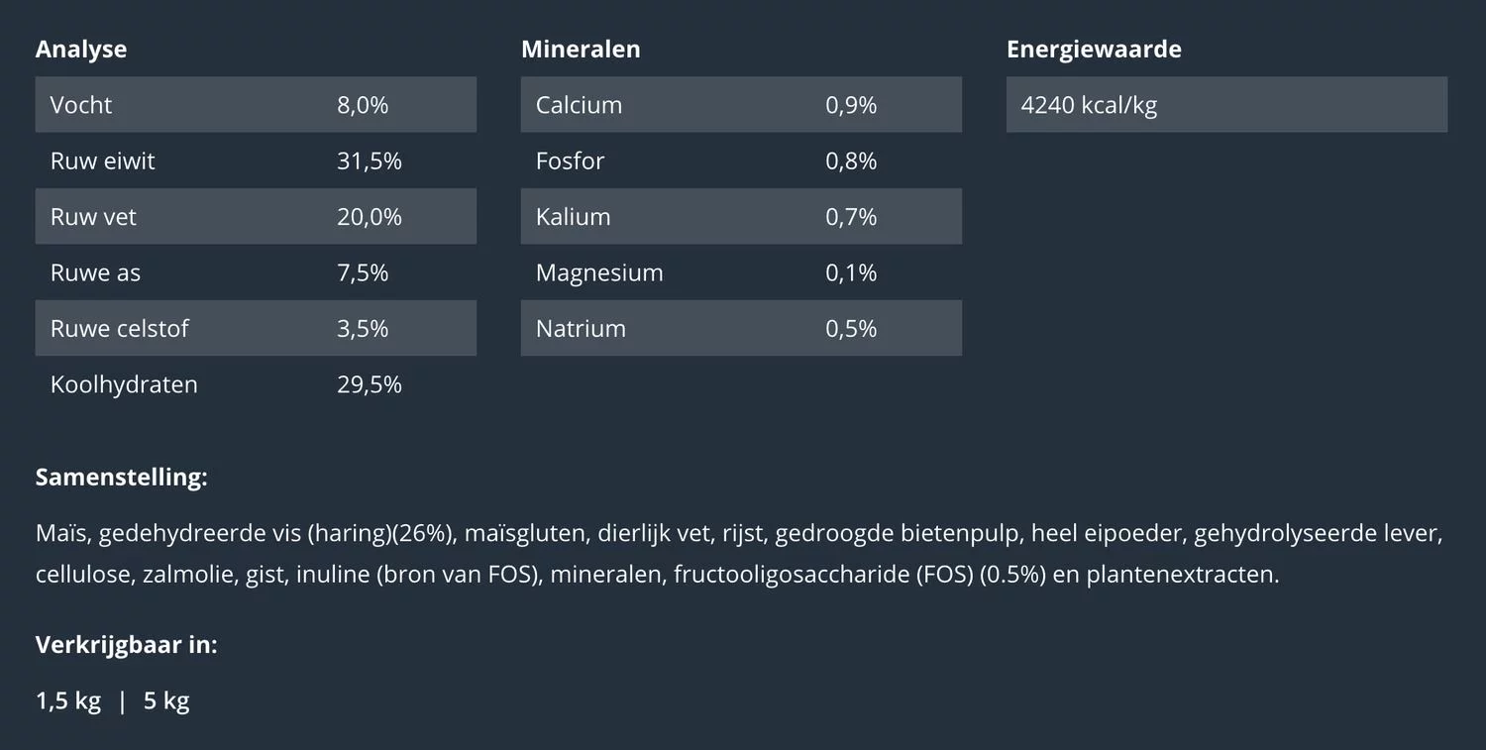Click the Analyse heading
click(x=81, y=50)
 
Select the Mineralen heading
click(x=581, y=50)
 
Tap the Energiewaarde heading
click(x=1094, y=50)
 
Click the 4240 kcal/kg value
click(x=1089, y=105)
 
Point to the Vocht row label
click(x=81, y=105)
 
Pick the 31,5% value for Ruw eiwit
click(x=369, y=161)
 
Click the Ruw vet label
click(x=93, y=217)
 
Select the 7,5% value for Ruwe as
click(x=363, y=272)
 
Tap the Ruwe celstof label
click(x=119, y=329)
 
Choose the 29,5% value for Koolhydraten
click(x=369, y=384)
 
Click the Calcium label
click(x=579, y=105)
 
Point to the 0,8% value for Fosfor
click(x=851, y=161)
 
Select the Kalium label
click(x=573, y=217)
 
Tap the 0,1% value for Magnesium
click(x=851, y=272)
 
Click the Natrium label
click(x=581, y=329)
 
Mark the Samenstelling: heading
click(x=121, y=478)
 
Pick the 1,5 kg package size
click(x=68, y=701)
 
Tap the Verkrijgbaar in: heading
click(x=126, y=645)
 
